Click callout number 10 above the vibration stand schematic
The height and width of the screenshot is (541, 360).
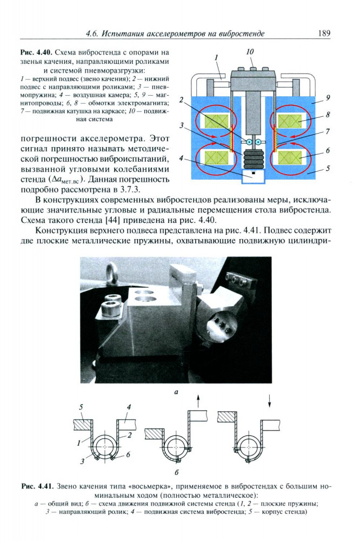(249, 52)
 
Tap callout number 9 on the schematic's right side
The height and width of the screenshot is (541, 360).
(328, 98)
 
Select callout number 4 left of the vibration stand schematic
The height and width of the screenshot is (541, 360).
(182, 159)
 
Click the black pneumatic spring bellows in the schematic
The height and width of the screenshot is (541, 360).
(253, 159)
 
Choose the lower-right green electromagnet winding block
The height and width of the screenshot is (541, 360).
(291, 157)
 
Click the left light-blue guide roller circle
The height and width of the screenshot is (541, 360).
(249, 142)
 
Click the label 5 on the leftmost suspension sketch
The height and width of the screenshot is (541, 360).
(81, 406)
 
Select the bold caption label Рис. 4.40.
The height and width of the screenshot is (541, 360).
(36, 52)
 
